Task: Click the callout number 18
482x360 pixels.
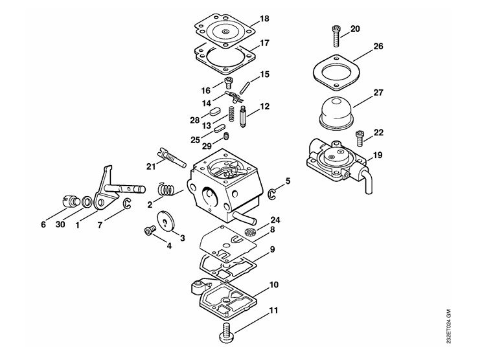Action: click(x=264, y=19)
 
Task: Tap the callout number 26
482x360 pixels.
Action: click(x=378, y=47)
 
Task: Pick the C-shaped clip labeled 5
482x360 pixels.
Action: click(x=271, y=194)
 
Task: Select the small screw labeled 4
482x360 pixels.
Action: click(x=150, y=231)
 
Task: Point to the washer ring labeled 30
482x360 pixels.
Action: click(x=87, y=202)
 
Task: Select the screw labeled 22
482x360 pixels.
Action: click(x=360, y=138)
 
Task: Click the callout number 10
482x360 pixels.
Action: click(x=273, y=285)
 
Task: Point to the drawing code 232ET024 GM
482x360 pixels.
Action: click(x=449, y=326)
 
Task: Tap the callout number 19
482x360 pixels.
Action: click(x=378, y=155)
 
